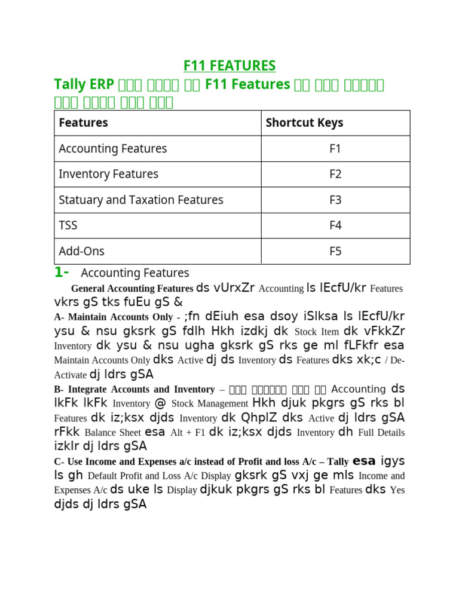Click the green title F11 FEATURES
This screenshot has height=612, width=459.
click(229, 65)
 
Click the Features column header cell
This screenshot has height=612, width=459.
click(83, 123)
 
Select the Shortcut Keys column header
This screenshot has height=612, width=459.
click(304, 123)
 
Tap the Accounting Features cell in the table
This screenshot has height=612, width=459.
click(112, 148)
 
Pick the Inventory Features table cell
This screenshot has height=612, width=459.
click(108, 174)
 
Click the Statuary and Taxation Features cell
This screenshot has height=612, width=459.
click(140, 200)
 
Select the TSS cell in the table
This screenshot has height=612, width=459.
click(68, 225)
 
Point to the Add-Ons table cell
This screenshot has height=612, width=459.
click(81, 251)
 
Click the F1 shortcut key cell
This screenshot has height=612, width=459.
click(335, 148)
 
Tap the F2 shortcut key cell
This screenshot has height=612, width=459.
click(335, 174)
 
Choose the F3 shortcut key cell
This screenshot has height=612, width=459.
click(335, 200)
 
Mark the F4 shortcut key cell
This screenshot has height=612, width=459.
click(335, 225)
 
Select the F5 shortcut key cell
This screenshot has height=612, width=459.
click(335, 251)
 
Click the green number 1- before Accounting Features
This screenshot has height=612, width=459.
click(62, 273)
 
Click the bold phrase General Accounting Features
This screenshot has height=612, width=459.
click(132, 288)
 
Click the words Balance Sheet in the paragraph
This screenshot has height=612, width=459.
click(112, 432)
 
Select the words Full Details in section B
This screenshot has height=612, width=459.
click(381, 432)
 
